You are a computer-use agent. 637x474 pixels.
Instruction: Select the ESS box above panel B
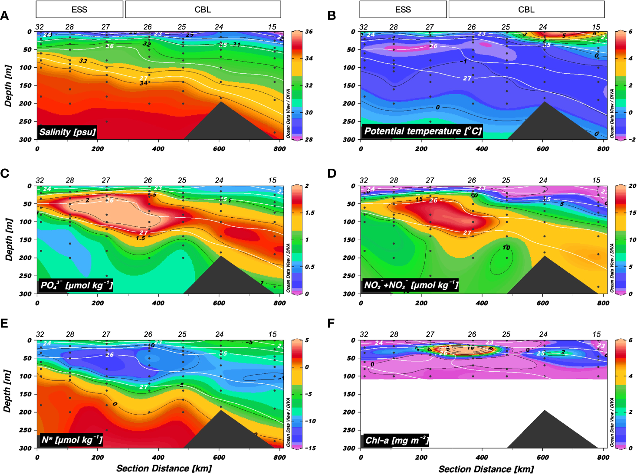pos(403,9)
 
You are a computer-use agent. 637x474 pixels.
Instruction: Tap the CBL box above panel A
pos(203,9)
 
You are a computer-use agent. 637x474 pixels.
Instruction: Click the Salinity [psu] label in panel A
pos(67,132)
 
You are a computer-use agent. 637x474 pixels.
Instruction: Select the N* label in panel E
pos(72,440)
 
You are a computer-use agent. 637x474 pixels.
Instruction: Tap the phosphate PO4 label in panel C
pos(76,285)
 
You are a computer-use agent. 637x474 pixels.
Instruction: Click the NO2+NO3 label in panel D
pos(410,285)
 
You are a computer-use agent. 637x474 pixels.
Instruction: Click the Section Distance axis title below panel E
pos(164,468)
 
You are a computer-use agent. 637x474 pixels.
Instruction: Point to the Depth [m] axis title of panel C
pos(8,239)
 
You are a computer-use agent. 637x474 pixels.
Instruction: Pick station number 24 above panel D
pos(543,180)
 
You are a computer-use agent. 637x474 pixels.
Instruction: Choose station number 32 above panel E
pos(40,334)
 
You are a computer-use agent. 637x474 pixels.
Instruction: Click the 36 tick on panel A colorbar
pos(309,32)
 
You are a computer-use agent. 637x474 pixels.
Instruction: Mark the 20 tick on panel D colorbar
pos(633,186)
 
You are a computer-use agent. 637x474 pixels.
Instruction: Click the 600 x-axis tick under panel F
pos(543,457)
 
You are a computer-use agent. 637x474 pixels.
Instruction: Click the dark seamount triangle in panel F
pos(546,434)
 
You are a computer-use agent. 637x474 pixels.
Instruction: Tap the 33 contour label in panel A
pos(83,61)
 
